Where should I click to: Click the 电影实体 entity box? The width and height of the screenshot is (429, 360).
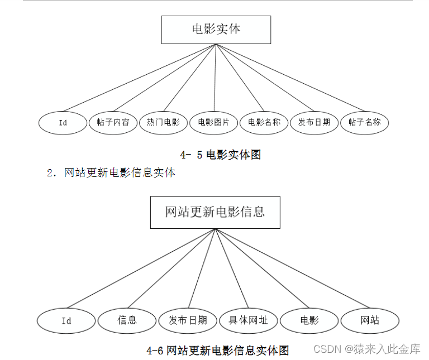(x=216, y=30)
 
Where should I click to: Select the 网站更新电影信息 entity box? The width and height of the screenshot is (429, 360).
(x=215, y=212)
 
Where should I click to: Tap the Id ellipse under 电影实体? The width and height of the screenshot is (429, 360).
(x=63, y=123)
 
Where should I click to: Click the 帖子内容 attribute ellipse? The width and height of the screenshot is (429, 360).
(x=113, y=122)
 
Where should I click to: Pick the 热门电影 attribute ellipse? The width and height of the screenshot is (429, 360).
(x=163, y=122)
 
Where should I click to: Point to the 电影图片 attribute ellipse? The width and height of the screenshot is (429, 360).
(x=213, y=122)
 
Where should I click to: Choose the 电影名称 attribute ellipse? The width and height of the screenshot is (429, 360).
(x=264, y=122)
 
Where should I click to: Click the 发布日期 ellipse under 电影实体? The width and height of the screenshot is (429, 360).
(x=314, y=122)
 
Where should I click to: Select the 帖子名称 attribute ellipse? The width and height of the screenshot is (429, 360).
(x=364, y=122)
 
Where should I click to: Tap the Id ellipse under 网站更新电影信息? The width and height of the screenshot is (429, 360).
(x=66, y=321)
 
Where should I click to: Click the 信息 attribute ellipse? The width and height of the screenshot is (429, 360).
(x=127, y=320)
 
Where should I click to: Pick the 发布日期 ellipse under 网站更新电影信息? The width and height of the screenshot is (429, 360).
(x=188, y=320)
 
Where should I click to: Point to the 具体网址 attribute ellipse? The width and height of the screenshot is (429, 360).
(x=248, y=320)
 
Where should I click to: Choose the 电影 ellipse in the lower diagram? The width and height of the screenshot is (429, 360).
(x=309, y=320)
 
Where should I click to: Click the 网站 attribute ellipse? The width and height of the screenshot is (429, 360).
(x=370, y=320)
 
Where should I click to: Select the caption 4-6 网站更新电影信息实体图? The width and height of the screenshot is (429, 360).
(x=218, y=351)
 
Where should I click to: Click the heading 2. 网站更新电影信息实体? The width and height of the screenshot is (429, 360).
(x=111, y=173)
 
